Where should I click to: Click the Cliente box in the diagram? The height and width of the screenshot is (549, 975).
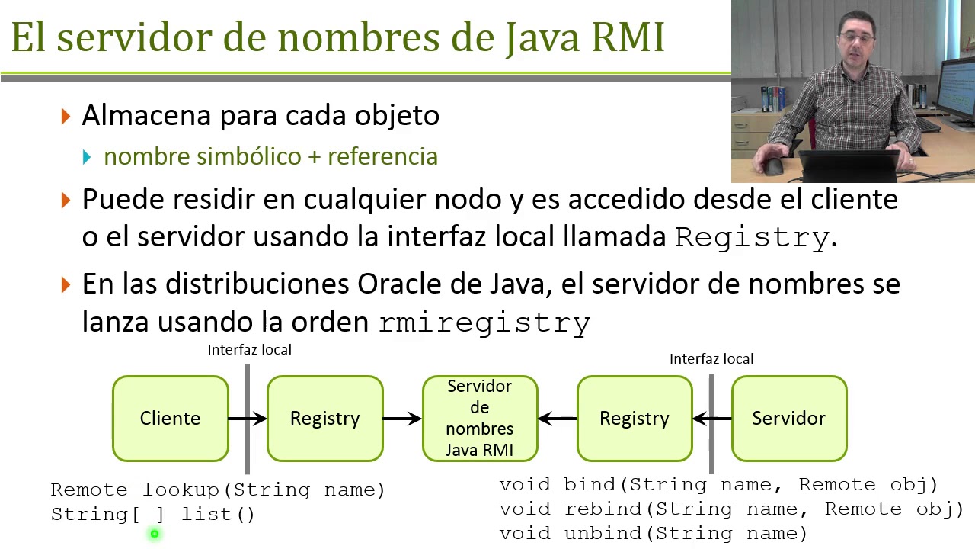170,418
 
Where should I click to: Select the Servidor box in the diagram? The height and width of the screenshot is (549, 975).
788,418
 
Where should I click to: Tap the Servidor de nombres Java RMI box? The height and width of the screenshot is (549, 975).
480,418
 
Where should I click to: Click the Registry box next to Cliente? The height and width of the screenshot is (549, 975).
324,418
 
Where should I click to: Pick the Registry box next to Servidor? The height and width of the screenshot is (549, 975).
634,418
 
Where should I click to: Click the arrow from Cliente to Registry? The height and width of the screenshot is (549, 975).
248,418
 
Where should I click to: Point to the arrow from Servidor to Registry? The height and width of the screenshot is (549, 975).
712,418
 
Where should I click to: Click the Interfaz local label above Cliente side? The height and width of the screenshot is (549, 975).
249,350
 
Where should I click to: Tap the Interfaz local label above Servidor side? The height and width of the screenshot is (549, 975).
711,359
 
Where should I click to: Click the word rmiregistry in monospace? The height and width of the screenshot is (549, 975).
484,323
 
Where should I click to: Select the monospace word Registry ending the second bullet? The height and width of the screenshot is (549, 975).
752,238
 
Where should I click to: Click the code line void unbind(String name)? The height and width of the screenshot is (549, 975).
653,533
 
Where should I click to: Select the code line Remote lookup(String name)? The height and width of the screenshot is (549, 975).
218,490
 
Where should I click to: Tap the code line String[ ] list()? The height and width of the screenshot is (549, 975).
152,515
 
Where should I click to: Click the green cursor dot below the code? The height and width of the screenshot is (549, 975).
155,535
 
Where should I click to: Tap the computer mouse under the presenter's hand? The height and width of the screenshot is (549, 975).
775,166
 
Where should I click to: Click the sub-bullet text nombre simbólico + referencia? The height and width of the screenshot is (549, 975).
270,156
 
